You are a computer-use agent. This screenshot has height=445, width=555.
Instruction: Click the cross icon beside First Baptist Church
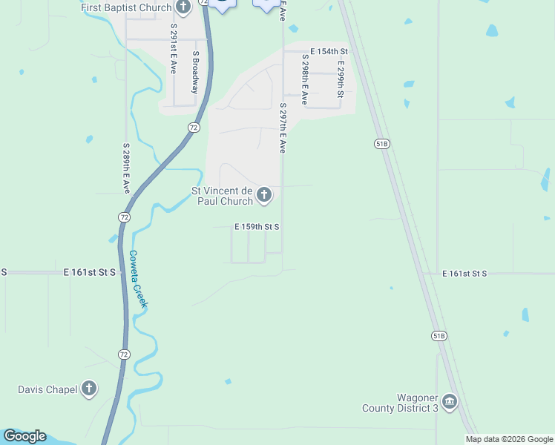(184, 7)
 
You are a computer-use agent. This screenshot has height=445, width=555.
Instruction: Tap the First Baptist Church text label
(126, 7)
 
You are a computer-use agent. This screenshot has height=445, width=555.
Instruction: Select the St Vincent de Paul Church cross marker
(264, 196)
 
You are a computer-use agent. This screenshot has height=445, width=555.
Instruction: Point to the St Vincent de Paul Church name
(223, 196)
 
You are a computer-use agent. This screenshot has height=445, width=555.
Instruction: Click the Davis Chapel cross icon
(89, 389)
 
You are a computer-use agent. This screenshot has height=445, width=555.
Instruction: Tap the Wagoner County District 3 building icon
(450, 402)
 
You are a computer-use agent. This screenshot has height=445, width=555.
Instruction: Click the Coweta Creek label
(139, 279)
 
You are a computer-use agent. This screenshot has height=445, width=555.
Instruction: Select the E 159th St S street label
(257, 227)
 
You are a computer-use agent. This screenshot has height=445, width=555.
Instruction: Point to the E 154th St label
(329, 51)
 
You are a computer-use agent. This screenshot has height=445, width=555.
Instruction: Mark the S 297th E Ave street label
(283, 128)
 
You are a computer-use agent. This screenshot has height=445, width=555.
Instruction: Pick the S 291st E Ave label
(174, 47)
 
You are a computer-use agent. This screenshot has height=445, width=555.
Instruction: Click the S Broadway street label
(196, 71)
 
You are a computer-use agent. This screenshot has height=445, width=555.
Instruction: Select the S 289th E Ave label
(126, 168)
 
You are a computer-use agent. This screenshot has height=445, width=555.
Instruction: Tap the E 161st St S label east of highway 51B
(464, 274)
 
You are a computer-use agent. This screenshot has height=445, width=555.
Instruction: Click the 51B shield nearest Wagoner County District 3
(439, 336)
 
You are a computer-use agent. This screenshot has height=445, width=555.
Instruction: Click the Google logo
(24, 436)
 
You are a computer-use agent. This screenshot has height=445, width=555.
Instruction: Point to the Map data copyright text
(509, 439)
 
